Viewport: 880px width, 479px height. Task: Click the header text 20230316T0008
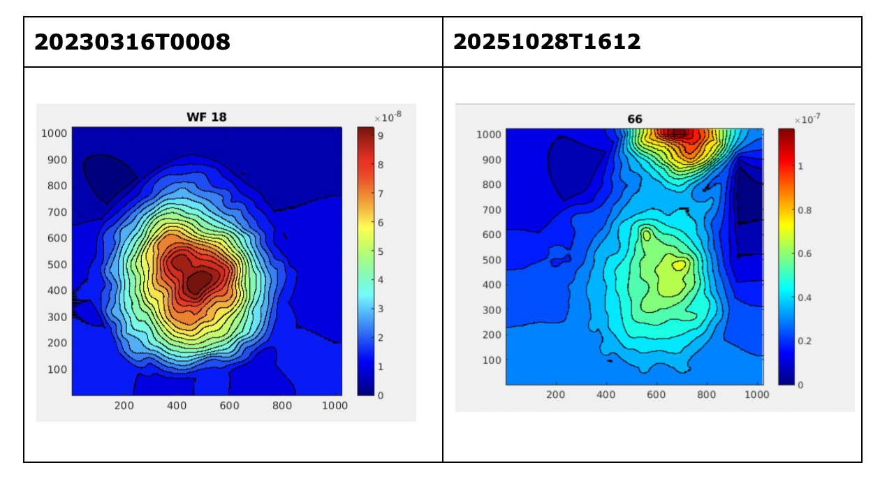click(132, 43)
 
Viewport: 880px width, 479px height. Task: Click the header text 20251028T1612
click(547, 42)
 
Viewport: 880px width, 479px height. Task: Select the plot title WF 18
click(206, 117)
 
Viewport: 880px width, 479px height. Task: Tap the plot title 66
click(634, 119)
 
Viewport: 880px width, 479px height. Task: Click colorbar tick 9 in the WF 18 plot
click(381, 137)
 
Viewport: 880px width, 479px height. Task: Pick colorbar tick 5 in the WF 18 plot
click(381, 251)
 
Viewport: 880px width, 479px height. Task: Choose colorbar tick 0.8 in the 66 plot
click(805, 209)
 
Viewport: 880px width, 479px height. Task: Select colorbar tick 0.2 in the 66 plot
click(805, 341)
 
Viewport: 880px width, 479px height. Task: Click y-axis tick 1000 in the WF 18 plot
click(54, 133)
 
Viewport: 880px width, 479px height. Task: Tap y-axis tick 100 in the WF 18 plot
click(57, 369)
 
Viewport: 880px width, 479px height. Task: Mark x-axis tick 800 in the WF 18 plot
click(282, 406)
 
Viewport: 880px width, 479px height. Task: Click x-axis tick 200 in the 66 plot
click(556, 395)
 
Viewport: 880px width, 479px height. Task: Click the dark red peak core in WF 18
click(198, 281)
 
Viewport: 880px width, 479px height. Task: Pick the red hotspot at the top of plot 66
click(681, 135)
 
